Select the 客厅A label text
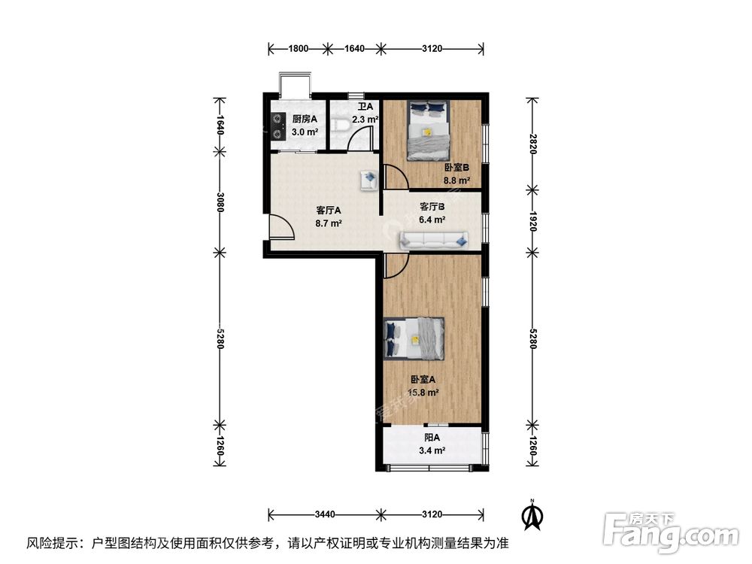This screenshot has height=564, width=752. pyautogui.click(x=329, y=211)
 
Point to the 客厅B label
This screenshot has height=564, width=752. pyautogui.click(x=432, y=207)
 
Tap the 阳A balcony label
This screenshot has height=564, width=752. pyautogui.click(x=432, y=438)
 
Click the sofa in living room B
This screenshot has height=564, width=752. pyautogui.click(x=435, y=240)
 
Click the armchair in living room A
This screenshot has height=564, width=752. pyautogui.click(x=369, y=180)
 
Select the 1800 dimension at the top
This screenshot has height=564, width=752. pyautogui.click(x=299, y=49)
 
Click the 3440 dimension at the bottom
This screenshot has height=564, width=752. pyautogui.click(x=324, y=514)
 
